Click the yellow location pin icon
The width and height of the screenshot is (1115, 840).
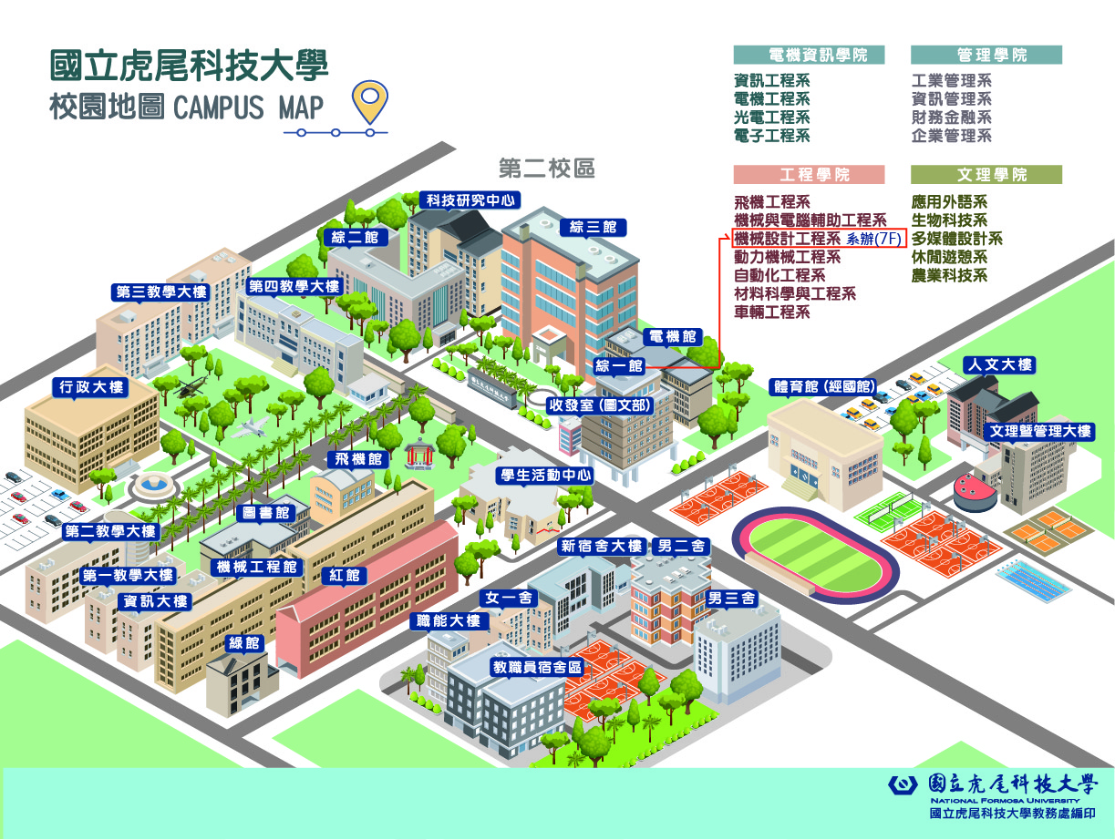click(369, 102)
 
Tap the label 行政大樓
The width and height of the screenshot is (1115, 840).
click(90, 387)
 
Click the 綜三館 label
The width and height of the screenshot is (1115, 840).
click(593, 227)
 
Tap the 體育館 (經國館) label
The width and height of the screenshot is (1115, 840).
click(822, 385)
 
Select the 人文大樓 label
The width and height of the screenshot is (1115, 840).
click(999, 365)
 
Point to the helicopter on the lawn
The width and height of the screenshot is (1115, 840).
click(191, 387)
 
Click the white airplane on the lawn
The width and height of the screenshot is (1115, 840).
click(253, 427)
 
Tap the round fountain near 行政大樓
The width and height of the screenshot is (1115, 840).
click(154, 485)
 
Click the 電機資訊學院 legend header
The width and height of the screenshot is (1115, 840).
click(809, 55)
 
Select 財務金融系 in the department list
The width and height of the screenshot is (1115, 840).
click(951, 118)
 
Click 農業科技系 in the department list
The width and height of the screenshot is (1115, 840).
click(949, 275)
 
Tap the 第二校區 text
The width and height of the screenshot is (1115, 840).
click(547, 169)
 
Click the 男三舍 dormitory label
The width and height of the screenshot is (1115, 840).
click(731, 599)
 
